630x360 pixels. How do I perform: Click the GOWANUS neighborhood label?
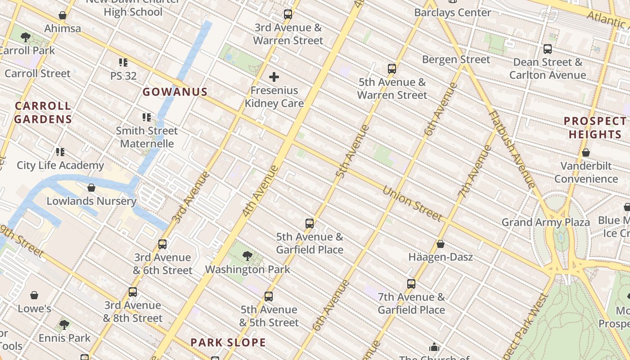coord(175,92)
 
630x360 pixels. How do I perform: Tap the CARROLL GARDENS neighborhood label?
coord(43,112)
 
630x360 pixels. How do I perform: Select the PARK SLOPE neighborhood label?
coord(228,342)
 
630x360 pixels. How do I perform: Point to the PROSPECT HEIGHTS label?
coord(595,128)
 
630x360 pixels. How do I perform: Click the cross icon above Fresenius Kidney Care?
coord(274,77)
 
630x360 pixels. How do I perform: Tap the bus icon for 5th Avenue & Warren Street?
coord(392,69)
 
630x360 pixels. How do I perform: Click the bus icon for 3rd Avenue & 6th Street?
coord(162,244)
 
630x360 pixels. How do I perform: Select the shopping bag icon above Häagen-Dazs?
coord(441,244)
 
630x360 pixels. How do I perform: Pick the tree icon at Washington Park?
coord(247,256)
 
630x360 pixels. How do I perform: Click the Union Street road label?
coord(412,203)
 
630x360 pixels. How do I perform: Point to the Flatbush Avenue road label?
coord(512,149)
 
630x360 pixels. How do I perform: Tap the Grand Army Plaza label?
coord(545,222)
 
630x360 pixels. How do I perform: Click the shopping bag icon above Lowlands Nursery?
coord(91,188)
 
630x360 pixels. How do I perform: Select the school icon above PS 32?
coord(123,63)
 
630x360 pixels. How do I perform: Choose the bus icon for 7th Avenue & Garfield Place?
coord(411,284)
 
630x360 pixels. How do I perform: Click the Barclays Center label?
coord(452,13)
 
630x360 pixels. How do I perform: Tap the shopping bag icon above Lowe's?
coord(34,295)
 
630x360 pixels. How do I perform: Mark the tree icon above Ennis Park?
coord(64,324)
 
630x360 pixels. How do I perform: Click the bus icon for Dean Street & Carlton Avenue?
coord(548,49)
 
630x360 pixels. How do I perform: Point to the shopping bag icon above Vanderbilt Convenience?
coord(586,153)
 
